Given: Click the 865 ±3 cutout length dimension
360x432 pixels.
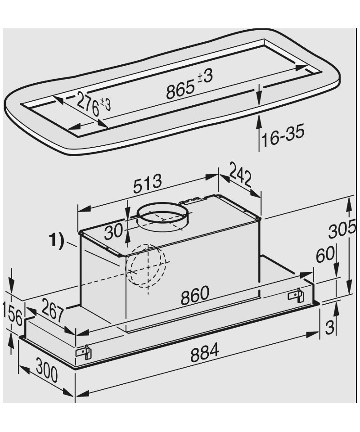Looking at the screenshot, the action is [189, 84].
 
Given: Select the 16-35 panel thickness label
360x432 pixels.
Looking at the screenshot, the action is [283, 135].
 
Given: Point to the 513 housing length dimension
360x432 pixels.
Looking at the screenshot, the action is [147, 184].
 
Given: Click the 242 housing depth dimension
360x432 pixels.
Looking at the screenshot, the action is [240, 175].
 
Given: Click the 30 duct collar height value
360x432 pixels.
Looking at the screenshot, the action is [113, 231].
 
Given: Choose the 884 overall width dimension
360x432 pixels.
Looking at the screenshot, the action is [204, 352].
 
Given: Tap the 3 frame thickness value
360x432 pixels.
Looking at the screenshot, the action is [329, 327].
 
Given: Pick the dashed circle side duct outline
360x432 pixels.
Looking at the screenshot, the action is [146, 266].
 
